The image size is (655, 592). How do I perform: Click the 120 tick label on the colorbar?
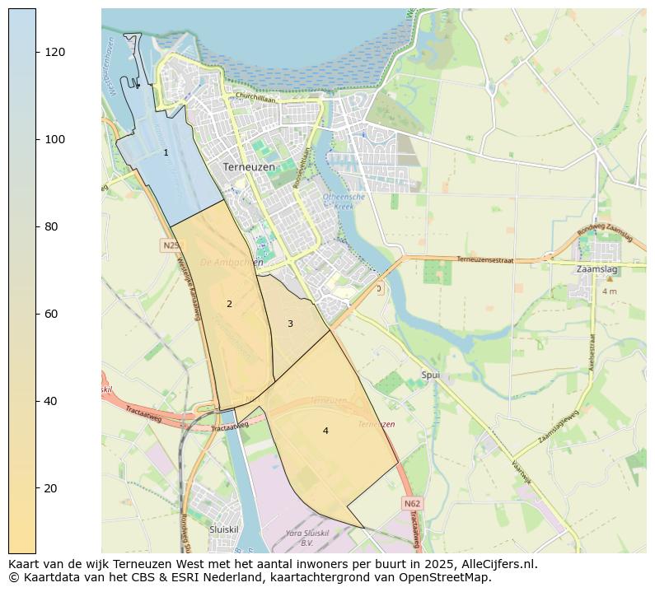point(55,52)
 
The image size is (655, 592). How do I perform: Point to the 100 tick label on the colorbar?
point(55,139)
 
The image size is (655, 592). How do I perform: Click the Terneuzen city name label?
point(249,166)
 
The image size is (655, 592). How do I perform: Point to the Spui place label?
point(431,375)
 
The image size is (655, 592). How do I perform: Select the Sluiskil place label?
point(223,529)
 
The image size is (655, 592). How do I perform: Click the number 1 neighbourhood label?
point(166,152)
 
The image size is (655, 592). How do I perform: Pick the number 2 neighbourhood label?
point(229,304)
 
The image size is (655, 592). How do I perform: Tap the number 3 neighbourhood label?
point(290,324)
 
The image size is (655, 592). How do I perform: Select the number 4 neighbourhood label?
point(325,431)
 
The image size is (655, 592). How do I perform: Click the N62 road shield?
point(413,502)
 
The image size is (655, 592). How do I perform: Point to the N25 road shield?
point(171,245)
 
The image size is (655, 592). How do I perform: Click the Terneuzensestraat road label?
point(485,259)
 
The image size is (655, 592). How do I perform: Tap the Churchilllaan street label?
point(255,97)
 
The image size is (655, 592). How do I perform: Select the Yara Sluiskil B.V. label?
point(306,538)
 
